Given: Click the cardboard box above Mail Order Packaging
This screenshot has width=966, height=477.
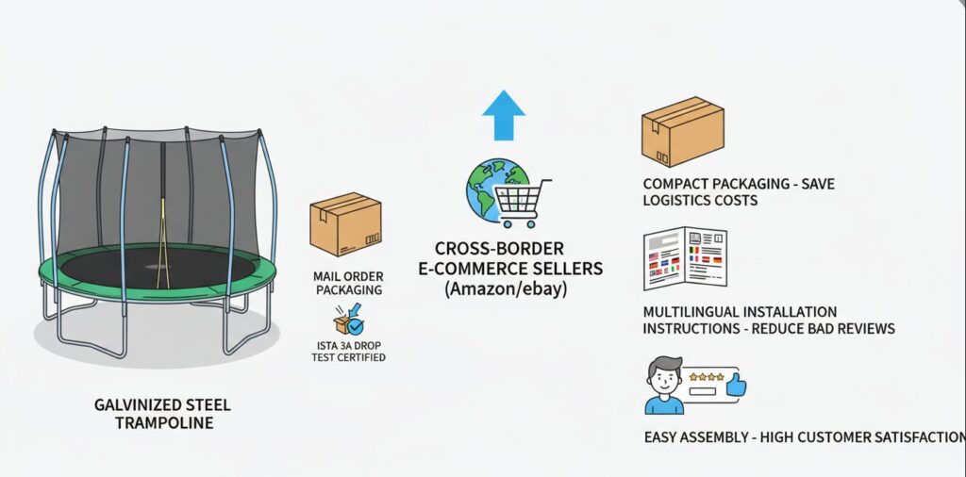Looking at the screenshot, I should pos(345,225).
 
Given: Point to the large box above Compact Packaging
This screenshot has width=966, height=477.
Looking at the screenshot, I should pos(682,134).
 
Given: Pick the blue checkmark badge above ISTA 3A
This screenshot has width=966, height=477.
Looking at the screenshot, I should pos(355,327).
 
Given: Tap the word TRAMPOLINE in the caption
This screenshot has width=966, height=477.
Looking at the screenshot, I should pos(163,423).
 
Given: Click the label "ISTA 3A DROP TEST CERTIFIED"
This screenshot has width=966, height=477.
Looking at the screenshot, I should pos(347,352).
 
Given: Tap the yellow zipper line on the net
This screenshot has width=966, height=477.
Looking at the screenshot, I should pos(165,236).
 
